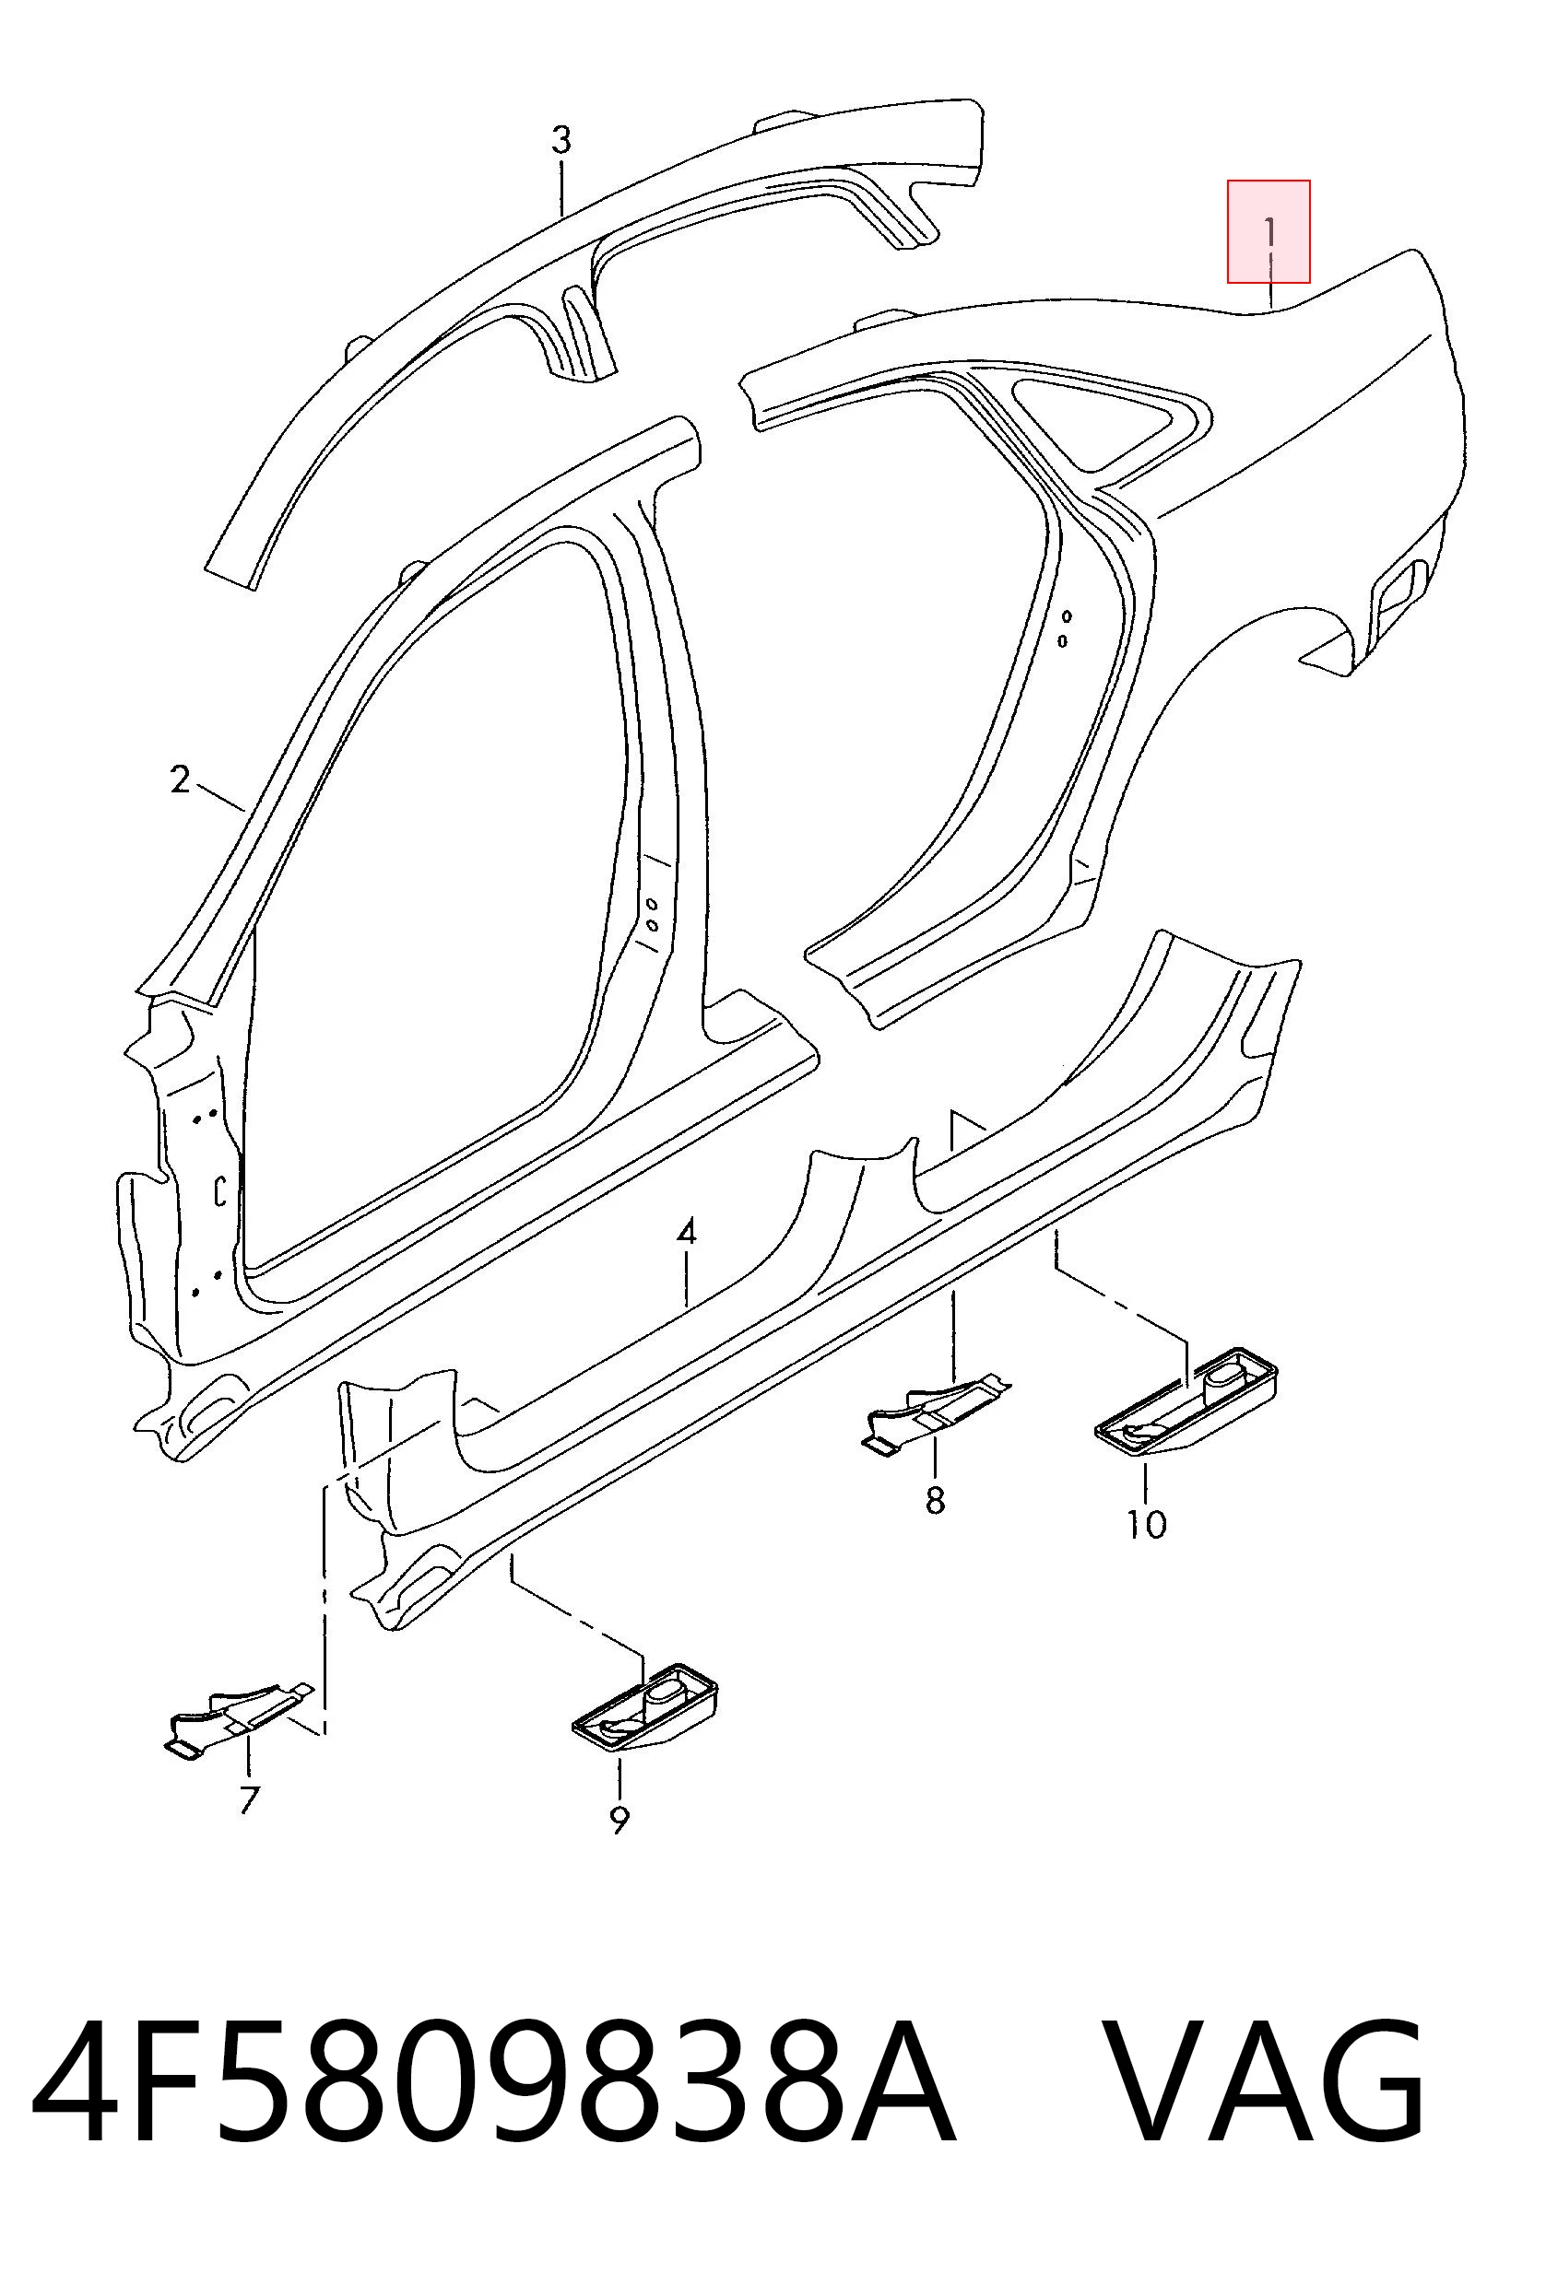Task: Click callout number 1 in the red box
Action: coord(1269,233)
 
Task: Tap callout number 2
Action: coord(179,779)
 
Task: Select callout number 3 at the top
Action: coord(561,140)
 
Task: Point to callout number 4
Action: coord(686,1231)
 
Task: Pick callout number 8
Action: coord(936,1499)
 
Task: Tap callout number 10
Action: coord(1146,1523)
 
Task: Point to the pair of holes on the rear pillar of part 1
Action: coord(1065,628)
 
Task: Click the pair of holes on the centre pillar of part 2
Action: coord(651,913)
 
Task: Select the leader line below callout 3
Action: coord(561,189)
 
